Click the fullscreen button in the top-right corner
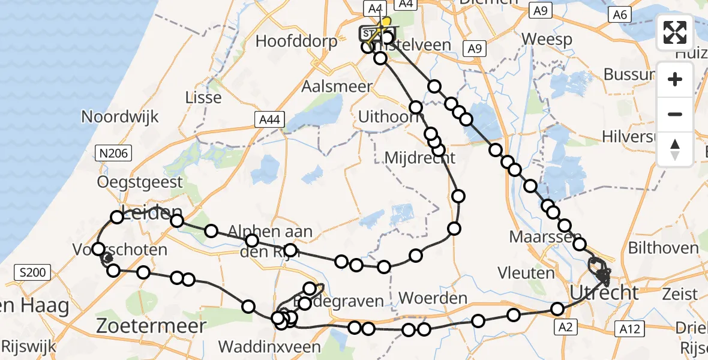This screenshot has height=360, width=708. [675, 32]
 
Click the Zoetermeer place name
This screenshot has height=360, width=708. [152, 326]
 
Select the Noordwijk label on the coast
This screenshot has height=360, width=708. [120, 116]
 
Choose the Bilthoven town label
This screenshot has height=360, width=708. [663, 248]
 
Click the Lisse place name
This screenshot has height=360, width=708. [204, 97]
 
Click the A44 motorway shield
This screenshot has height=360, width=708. [268, 120]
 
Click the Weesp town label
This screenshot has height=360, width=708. [547, 39]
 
